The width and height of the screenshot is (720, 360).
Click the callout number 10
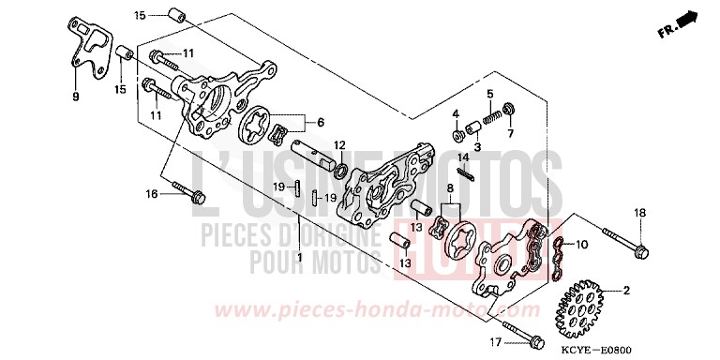580,245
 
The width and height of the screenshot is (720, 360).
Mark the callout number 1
299,257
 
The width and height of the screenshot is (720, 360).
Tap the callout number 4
457,114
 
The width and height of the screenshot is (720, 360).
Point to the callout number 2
621,291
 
